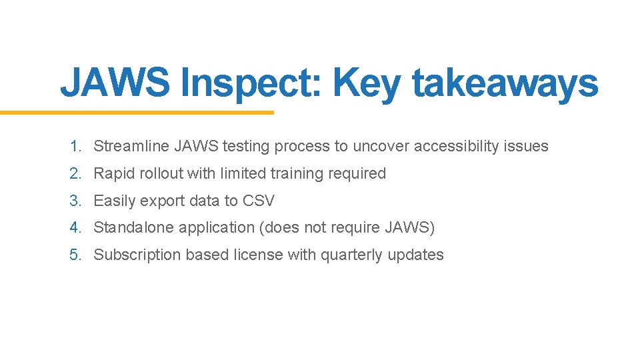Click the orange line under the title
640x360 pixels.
[x=137, y=113]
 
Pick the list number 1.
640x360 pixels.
[x=75, y=146]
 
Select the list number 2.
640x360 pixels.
[x=75, y=173]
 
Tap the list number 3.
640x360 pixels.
[x=75, y=201]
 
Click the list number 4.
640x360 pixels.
[x=75, y=227]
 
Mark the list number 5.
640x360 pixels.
[x=75, y=255]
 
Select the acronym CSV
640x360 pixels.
[x=259, y=201]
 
